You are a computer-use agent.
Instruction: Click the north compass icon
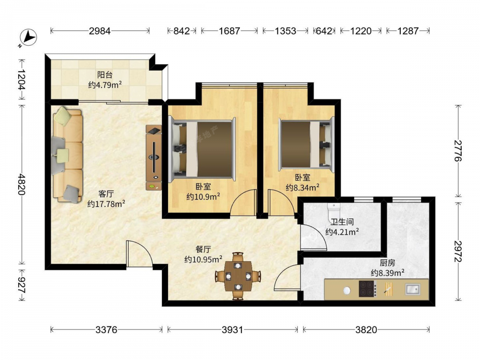[28, 37]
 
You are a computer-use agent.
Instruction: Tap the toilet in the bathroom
[334, 210]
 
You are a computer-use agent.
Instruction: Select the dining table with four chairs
[238, 276]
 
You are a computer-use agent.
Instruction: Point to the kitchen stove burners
[368, 288]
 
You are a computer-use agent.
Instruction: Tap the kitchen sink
[413, 289]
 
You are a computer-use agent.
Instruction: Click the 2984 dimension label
[100, 31]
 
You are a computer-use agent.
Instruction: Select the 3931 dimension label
[232, 330]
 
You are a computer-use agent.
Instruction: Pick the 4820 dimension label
[22, 184]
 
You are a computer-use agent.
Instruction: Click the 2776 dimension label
[458, 151]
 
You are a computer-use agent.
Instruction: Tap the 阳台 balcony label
[105, 75]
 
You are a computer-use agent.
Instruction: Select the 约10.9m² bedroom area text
[203, 196]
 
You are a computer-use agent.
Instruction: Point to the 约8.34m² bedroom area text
[303, 187]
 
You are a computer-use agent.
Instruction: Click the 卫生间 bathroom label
[342, 222]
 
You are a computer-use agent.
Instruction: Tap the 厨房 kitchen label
[387, 263]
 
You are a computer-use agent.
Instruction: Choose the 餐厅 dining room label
[203, 249]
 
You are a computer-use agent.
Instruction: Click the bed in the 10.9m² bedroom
[202, 149]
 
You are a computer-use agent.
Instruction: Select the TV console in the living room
[154, 157]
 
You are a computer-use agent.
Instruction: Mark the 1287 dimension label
[408, 31]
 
